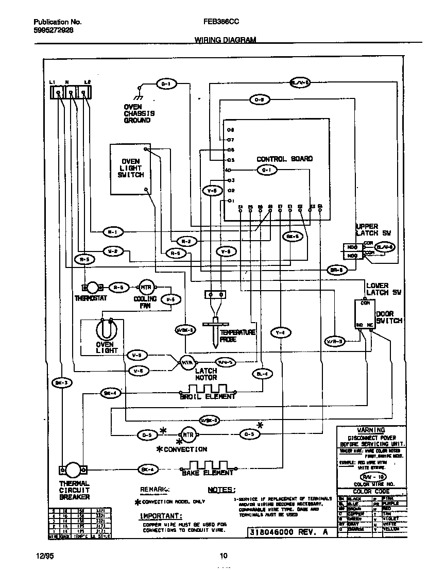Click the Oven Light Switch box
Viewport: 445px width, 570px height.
point(130,169)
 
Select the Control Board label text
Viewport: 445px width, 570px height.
point(284,159)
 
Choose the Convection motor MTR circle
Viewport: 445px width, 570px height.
point(187,434)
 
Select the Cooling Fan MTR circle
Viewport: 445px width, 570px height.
point(145,288)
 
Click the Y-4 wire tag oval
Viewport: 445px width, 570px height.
point(280,332)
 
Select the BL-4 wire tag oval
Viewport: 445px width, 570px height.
point(262,374)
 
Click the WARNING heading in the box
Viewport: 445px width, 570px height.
point(371,430)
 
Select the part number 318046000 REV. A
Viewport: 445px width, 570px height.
point(288,532)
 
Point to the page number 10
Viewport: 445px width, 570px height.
point(223,555)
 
